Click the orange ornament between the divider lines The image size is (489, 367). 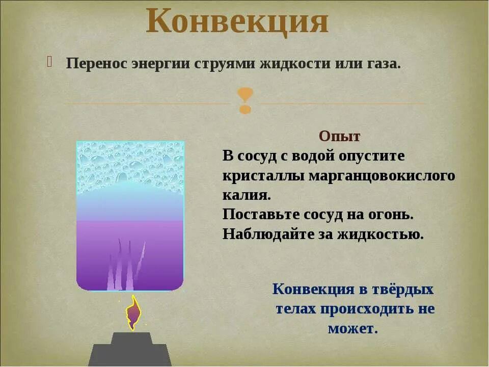(x=245, y=100)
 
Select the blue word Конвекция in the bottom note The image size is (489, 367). (x=313, y=290)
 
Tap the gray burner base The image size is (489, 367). (x=130, y=351)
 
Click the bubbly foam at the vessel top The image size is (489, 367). (x=130, y=166)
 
